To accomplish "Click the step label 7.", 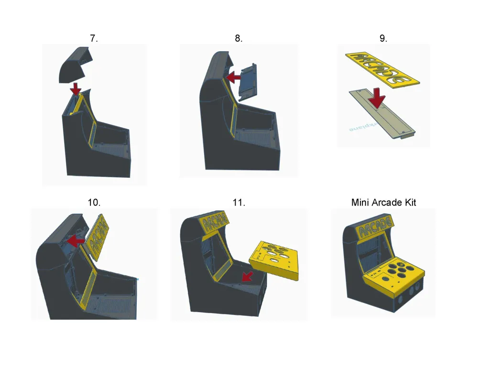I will pyautogui.click(x=94, y=39).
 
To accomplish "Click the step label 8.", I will pyautogui.click(x=239, y=39).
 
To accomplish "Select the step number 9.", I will pyautogui.click(x=383, y=39).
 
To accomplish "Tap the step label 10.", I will pyautogui.click(x=94, y=202).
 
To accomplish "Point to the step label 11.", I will pyautogui.click(x=239, y=202).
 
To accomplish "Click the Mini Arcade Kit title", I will pyautogui.click(x=383, y=202).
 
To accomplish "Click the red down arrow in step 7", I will pyautogui.click(x=76, y=89).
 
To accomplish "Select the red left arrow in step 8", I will pyautogui.click(x=233, y=77).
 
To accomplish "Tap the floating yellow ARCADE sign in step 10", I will pyautogui.click(x=98, y=238).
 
